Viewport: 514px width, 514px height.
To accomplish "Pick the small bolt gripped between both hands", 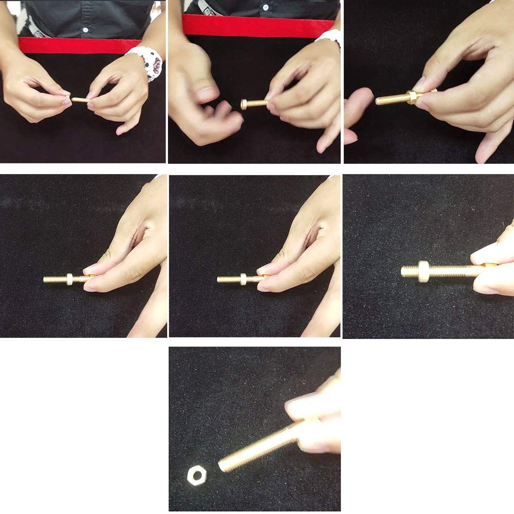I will point(79,99).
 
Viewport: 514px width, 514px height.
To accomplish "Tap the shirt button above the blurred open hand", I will point(265,8).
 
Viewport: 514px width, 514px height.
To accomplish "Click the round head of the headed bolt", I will point(244,104).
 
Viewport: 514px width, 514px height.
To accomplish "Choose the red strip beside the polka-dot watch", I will point(72,45).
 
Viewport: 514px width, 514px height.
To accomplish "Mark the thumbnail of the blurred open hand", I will point(207,93).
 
